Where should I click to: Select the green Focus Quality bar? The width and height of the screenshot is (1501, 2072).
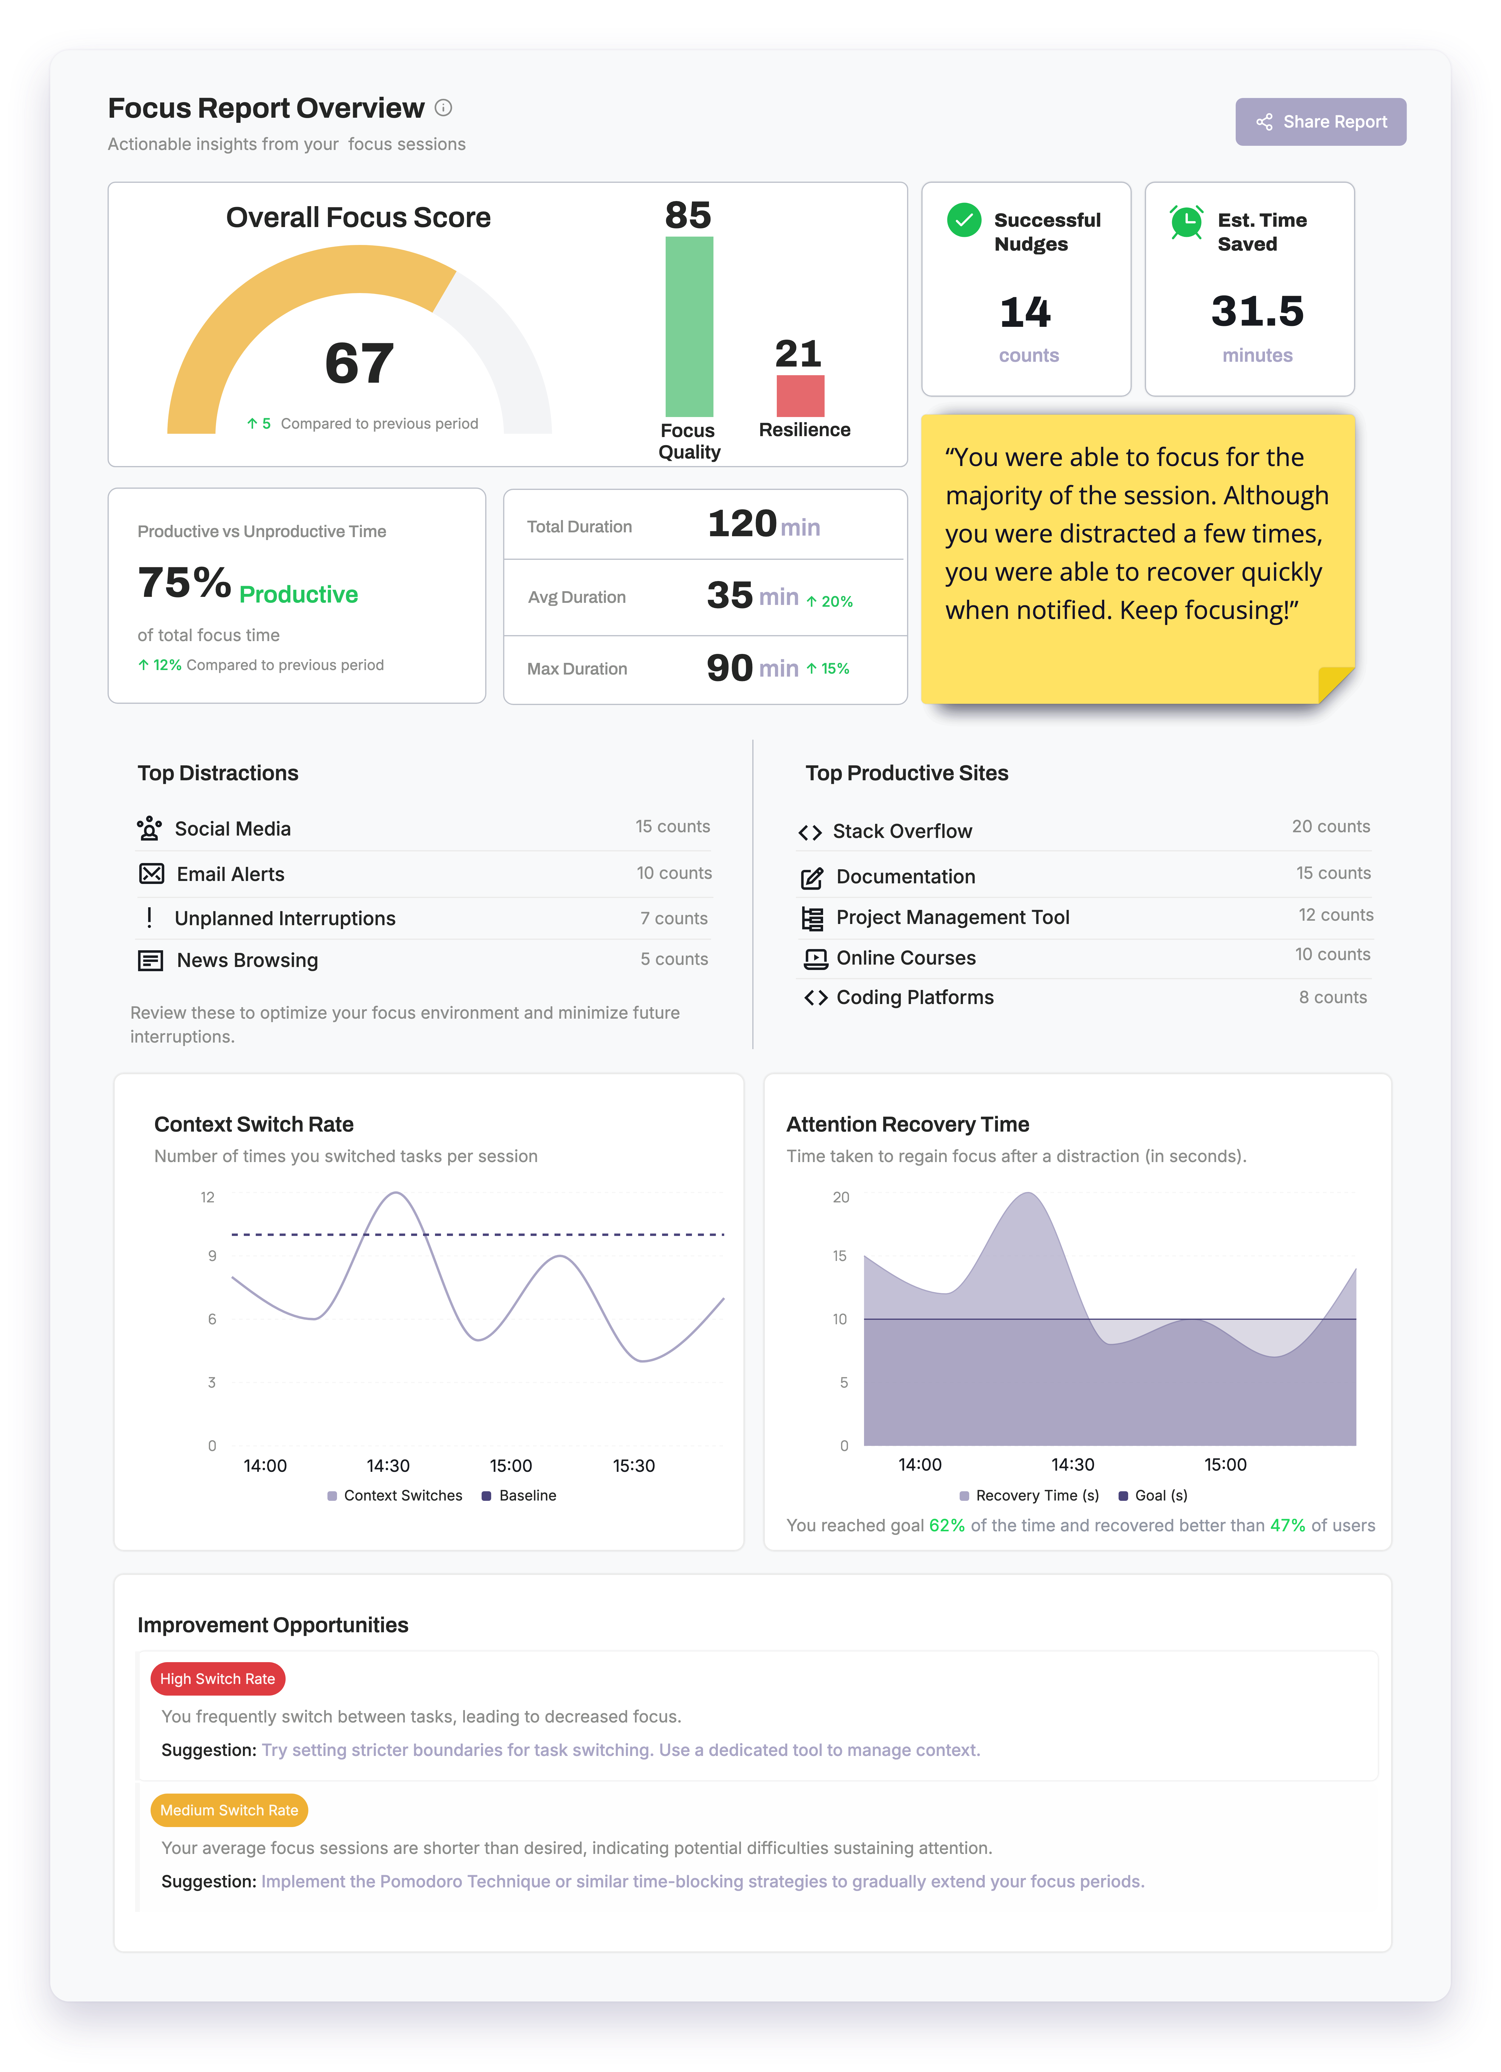[689, 326]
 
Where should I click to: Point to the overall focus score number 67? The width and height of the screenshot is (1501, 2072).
[359, 364]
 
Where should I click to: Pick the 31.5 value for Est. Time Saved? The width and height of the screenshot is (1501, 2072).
[1257, 312]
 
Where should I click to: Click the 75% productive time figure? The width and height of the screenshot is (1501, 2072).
[185, 583]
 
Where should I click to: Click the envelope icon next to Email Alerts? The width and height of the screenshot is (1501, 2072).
[152, 874]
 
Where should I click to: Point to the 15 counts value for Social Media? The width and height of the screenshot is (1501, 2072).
[673, 827]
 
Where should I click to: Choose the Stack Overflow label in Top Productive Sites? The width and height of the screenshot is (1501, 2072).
[902, 831]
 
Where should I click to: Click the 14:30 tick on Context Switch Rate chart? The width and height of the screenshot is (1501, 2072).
[388, 1465]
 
